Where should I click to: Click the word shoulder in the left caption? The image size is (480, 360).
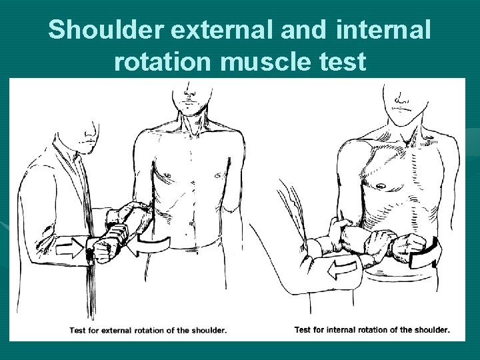click(207, 330)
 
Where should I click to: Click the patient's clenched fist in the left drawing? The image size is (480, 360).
click(103, 250)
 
